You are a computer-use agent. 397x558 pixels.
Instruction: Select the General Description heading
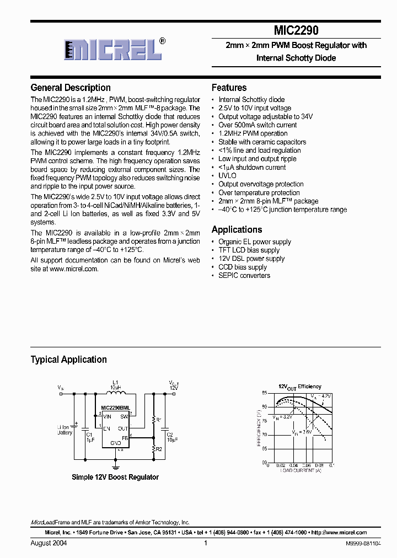click(x=71, y=88)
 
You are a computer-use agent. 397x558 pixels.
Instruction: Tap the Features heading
click(x=229, y=88)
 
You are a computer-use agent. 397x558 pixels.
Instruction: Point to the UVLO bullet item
click(x=227, y=176)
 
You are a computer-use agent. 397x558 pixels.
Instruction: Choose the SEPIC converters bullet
click(x=244, y=276)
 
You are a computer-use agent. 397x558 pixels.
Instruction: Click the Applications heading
click(x=237, y=230)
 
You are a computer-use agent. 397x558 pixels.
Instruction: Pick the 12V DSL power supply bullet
click(x=251, y=259)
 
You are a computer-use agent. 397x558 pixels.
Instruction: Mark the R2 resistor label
click(x=159, y=449)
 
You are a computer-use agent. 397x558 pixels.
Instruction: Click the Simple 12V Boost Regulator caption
click(x=115, y=477)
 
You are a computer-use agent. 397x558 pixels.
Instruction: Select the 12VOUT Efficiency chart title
click(x=299, y=387)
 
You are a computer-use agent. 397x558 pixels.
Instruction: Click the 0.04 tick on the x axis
click(x=293, y=465)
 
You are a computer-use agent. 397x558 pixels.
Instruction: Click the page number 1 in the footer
click(x=205, y=543)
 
